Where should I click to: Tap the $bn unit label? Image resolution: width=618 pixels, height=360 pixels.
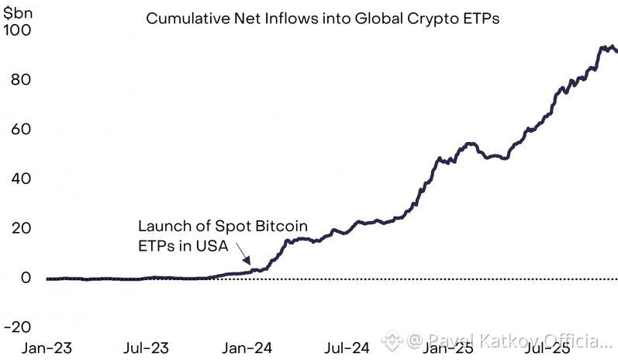tap(18, 10)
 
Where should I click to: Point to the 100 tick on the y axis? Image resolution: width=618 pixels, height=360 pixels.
tap(16, 30)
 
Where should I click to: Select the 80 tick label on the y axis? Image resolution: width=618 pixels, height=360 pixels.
tap(20, 80)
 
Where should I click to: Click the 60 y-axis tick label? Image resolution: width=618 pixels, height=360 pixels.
tap(20, 129)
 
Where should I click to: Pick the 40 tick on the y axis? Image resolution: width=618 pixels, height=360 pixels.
tap(20, 178)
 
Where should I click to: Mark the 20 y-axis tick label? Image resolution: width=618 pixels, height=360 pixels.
tap(20, 228)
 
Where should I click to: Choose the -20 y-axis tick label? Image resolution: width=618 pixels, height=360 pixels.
tap(16, 327)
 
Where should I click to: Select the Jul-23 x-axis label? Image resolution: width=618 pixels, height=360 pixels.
tap(146, 348)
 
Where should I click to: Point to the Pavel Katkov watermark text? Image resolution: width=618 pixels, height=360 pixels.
tap(512, 341)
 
